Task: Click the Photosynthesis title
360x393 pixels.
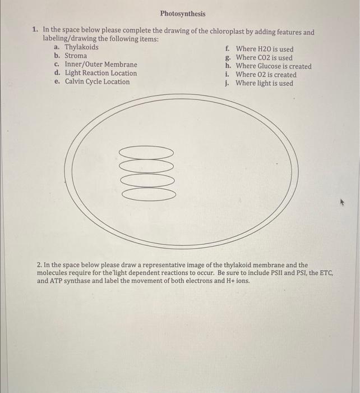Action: (x=182, y=13)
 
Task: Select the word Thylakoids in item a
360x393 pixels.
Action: (x=81, y=47)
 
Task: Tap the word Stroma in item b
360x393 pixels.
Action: (x=76, y=56)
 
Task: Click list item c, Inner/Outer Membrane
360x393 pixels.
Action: (x=100, y=65)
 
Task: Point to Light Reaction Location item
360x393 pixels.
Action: (x=100, y=73)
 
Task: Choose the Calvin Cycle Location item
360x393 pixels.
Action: (x=97, y=82)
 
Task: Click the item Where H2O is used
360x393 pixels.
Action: (x=264, y=49)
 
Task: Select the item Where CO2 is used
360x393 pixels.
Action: (x=264, y=58)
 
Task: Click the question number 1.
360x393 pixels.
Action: (x=35, y=33)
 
